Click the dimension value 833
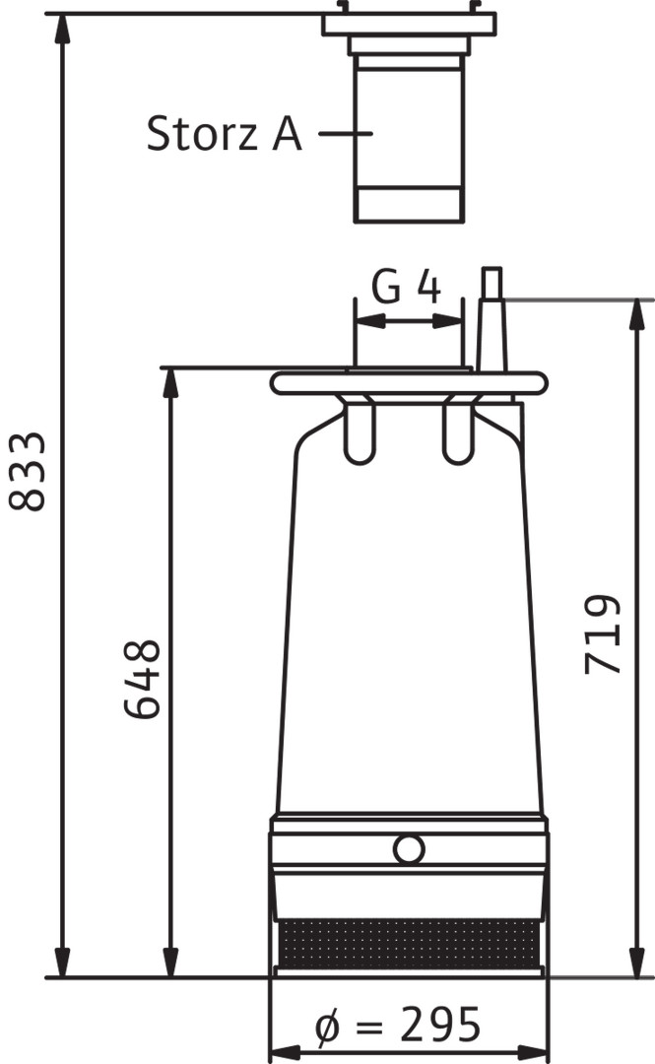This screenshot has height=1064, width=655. tap(28, 471)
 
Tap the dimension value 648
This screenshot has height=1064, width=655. tap(142, 679)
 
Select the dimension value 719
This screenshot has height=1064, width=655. tap(603, 634)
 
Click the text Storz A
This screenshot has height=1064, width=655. tap(224, 133)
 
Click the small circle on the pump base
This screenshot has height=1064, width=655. tap(409, 849)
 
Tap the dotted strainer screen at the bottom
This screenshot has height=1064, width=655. tap(409, 944)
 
